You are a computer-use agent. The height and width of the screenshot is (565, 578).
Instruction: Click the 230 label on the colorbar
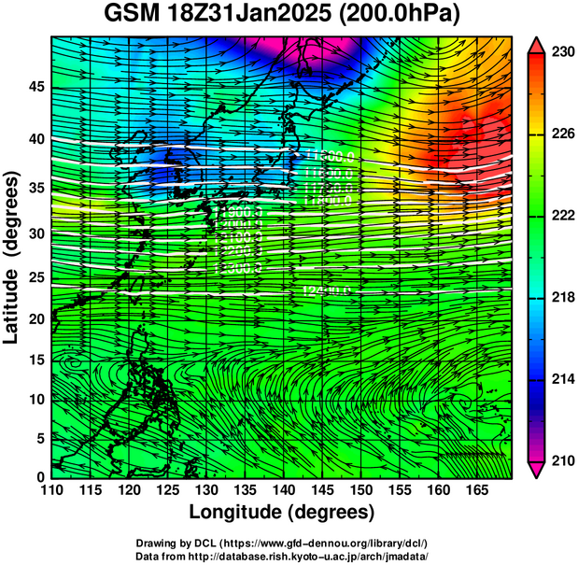[x=562, y=53]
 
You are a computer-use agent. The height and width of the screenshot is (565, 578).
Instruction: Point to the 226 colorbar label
[x=562, y=134]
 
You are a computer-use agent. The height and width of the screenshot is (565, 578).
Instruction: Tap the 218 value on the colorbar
[x=562, y=298]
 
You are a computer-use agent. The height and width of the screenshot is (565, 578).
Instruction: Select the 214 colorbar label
[x=562, y=379]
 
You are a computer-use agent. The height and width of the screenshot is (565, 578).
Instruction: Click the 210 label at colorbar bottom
[x=562, y=460]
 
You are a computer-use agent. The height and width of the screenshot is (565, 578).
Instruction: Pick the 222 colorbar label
[x=562, y=216]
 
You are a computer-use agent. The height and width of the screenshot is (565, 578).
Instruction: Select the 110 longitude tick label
[x=51, y=489]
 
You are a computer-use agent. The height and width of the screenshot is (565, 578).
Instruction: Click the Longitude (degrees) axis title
[x=282, y=512]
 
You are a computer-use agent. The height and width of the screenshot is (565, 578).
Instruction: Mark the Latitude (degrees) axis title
[x=12, y=257]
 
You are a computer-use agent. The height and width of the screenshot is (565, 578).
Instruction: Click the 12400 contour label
[x=325, y=291]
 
